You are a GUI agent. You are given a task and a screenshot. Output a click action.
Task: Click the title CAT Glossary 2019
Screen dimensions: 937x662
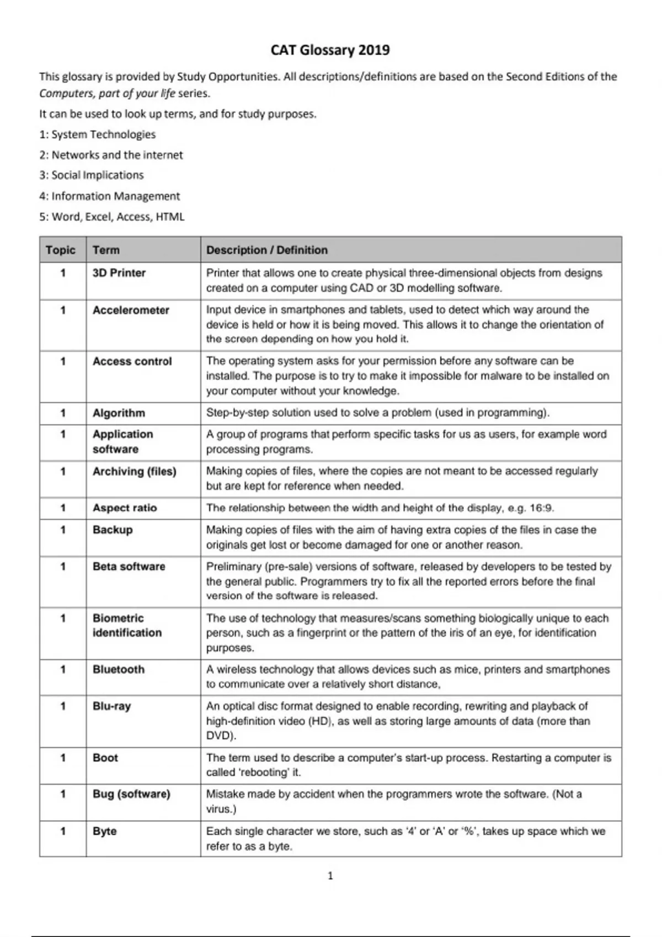click(330, 50)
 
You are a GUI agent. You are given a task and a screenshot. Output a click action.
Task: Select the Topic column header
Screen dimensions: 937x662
click(60, 250)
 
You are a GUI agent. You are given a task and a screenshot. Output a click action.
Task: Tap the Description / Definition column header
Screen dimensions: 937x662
click(266, 250)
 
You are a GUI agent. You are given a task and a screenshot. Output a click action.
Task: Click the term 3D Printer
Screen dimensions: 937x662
click(119, 273)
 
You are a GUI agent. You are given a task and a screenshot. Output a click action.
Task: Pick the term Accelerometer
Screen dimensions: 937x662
click(131, 310)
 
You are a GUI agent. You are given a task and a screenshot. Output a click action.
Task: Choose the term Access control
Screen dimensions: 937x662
click(132, 361)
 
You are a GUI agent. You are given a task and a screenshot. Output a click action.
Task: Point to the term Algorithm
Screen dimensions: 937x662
click(119, 413)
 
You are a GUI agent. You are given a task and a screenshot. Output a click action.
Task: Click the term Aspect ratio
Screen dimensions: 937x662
click(125, 508)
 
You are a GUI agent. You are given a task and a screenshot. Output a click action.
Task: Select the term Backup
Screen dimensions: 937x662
click(113, 530)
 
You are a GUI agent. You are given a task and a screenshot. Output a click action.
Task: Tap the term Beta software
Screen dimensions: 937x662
click(129, 566)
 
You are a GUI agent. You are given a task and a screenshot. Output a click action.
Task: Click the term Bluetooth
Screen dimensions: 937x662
click(119, 669)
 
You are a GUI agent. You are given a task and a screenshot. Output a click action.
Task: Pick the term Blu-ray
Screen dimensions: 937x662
click(111, 706)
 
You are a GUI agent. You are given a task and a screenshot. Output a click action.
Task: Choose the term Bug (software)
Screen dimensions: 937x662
click(131, 794)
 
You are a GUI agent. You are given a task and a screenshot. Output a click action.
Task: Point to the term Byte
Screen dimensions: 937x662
click(104, 831)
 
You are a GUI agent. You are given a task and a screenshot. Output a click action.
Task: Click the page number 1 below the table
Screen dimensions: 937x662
click(330, 876)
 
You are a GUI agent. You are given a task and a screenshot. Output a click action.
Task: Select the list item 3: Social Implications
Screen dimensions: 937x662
click(92, 175)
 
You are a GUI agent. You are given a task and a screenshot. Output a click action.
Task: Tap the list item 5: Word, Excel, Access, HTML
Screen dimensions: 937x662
click(111, 217)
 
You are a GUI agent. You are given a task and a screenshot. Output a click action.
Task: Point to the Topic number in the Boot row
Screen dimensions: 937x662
click(63, 758)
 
